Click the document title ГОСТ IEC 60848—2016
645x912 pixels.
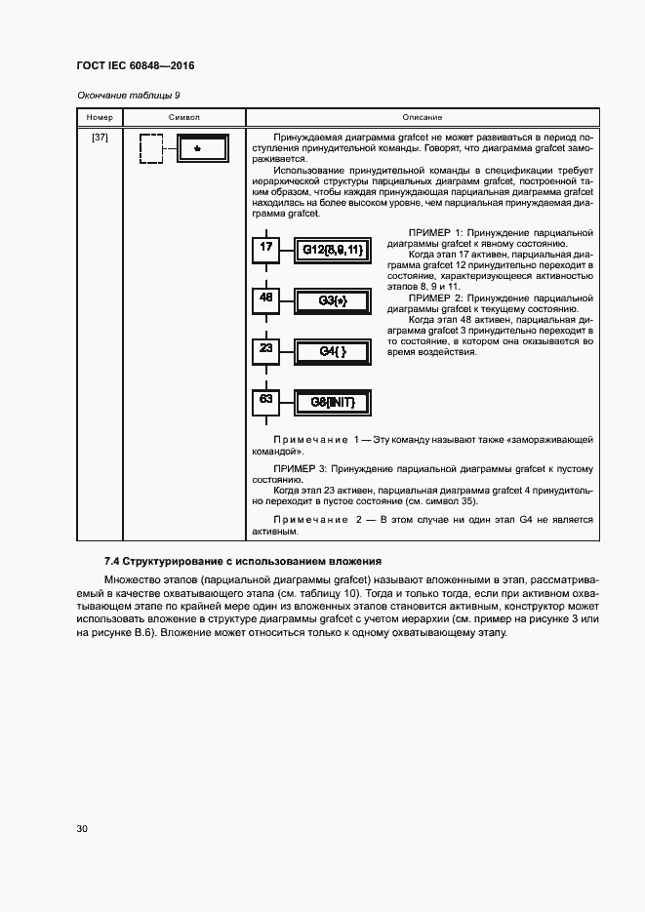[135, 66]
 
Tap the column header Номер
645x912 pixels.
[100, 117]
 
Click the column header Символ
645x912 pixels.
[183, 117]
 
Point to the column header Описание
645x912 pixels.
[422, 117]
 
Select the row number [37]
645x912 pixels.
[100, 137]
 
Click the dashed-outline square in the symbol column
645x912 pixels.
[151, 149]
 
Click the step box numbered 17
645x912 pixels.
[265, 249]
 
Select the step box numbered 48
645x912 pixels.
[265, 299]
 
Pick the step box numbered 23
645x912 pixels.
[265, 349]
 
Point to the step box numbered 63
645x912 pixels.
[265, 400]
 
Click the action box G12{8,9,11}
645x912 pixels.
[333, 251]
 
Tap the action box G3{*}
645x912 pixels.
[333, 301]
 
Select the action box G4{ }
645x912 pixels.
[333, 351]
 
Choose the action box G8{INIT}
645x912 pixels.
[333, 402]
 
